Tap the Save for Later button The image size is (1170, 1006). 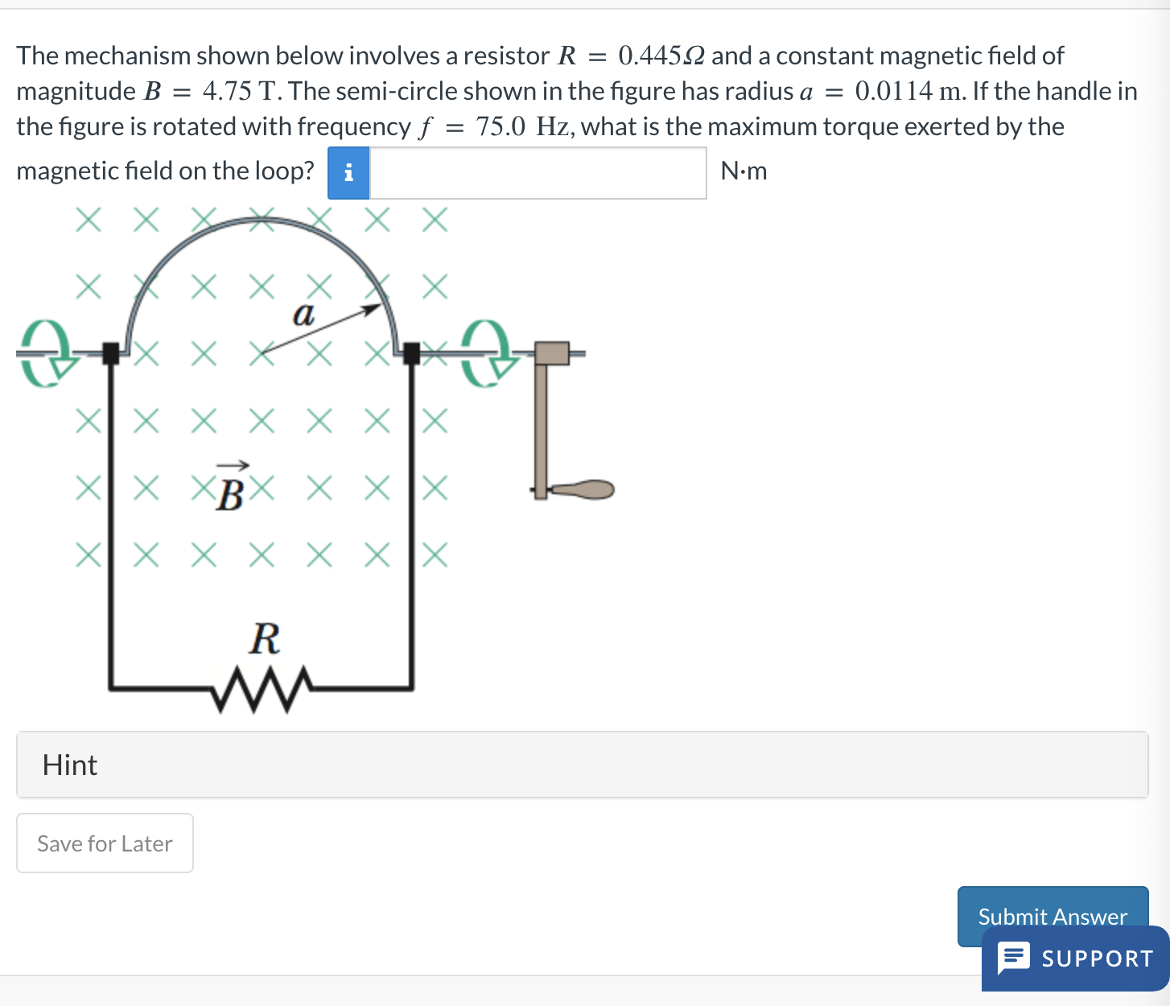pyautogui.click(x=105, y=843)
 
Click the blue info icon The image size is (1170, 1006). pyautogui.click(x=348, y=172)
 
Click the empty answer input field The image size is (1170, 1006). pyautogui.click(x=538, y=172)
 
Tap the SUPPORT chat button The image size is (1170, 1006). pyautogui.click(x=1076, y=959)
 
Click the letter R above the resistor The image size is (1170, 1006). pyautogui.click(x=265, y=639)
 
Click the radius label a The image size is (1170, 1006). pyautogui.click(x=303, y=314)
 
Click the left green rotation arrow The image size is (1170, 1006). pyautogui.click(x=44, y=353)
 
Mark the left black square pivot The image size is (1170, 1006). pyautogui.click(x=111, y=353)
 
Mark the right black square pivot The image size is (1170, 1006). pyautogui.click(x=411, y=353)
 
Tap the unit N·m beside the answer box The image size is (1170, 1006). pyautogui.click(x=744, y=171)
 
